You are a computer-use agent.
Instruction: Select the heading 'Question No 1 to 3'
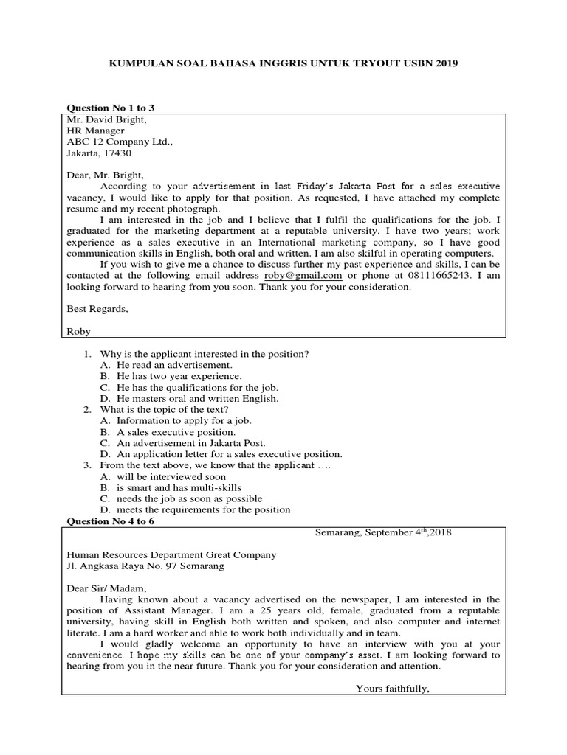[111, 108]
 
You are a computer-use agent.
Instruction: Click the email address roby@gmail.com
[303, 275]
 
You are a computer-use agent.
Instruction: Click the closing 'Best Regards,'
[97, 309]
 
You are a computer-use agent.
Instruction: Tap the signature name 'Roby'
[78, 331]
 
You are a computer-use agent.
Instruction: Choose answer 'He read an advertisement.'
[174, 365]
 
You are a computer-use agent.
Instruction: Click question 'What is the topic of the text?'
[165, 409]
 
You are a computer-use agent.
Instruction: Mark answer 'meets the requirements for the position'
[203, 509]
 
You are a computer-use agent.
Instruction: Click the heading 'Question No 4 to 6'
[111, 521]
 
